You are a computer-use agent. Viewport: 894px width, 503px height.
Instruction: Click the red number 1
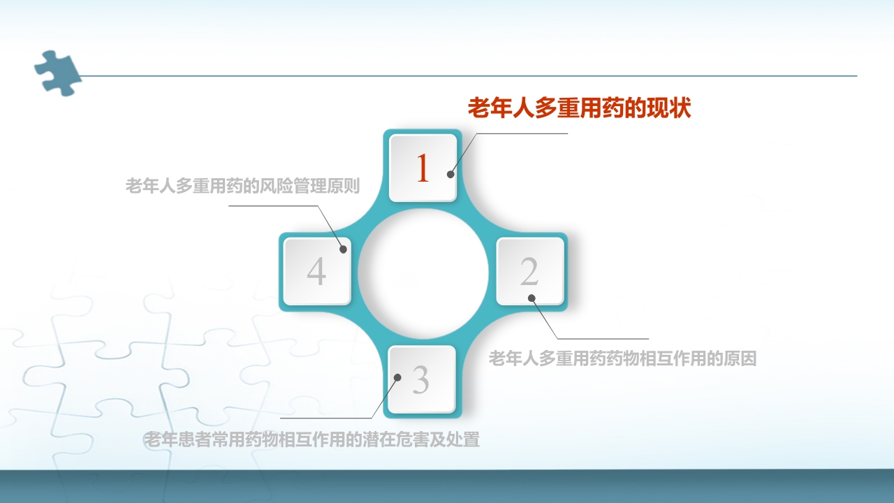[x=422, y=168]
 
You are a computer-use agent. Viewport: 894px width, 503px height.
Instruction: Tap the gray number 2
[x=529, y=271]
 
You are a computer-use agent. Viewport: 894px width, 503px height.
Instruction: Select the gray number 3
[x=420, y=379]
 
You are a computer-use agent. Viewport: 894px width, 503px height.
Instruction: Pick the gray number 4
[x=316, y=271]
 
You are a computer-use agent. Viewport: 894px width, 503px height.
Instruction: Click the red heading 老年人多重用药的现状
[x=579, y=109]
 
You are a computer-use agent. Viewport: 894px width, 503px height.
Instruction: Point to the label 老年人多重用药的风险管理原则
[x=242, y=187]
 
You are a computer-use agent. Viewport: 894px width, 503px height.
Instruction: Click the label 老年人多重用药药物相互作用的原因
[x=622, y=359]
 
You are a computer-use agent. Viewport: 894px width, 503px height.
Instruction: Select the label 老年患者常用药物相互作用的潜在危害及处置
[x=312, y=440]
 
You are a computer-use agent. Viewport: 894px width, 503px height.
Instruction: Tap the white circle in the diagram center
[x=423, y=272]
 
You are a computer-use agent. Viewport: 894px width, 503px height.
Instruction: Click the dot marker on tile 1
[x=451, y=175]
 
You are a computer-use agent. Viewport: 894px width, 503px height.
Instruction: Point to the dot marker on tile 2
[x=532, y=298]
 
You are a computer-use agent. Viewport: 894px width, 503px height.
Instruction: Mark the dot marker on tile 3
[x=397, y=377]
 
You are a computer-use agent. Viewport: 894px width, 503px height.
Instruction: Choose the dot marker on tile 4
[x=343, y=249]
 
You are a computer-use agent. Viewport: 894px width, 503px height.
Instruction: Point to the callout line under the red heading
[x=524, y=133]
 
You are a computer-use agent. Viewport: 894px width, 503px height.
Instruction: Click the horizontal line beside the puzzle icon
[x=468, y=75]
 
